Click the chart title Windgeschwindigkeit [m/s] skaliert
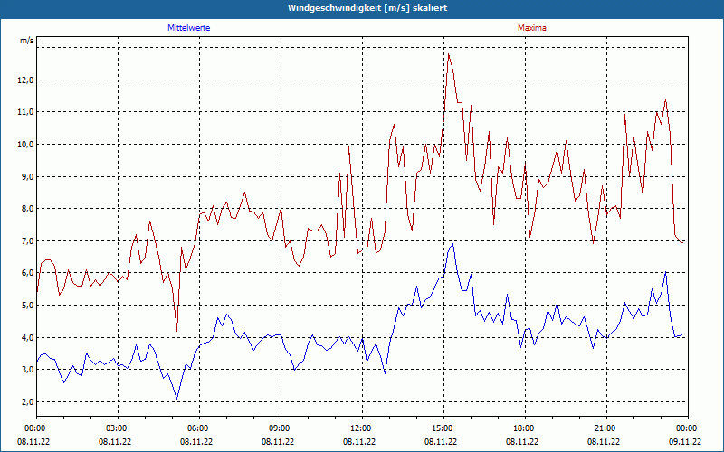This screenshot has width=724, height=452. (x=362, y=7)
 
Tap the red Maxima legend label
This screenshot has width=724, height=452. (x=532, y=28)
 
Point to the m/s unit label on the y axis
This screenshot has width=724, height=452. (x=26, y=42)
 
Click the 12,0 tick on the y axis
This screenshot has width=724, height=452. (x=24, y=80)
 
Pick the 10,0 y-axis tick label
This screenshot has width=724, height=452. (x=24, y=144)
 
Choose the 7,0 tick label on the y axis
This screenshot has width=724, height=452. (x=26, y=240)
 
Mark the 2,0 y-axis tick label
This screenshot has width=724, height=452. (x=26, y=401)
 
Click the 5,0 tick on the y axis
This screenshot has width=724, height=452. (x=26, y=305)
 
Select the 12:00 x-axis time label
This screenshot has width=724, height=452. (x=359, y=428)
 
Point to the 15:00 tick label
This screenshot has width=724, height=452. (x=441, y=428)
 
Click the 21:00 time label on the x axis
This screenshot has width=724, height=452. (x=604, y=428)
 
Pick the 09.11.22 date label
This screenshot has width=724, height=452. (x=685, y=442)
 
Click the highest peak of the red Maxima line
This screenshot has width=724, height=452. (x=448, y=53)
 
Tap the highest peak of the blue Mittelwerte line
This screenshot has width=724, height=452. (x=452, y=244)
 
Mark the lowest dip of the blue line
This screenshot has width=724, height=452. (x=176, y=399)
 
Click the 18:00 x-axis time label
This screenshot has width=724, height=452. (x=522, y=428)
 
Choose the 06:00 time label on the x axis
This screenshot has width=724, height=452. (x=196, y=428)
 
